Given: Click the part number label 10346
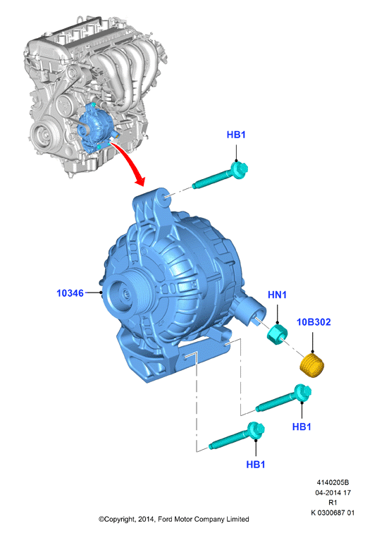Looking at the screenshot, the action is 70,293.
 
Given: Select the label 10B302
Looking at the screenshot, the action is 314,321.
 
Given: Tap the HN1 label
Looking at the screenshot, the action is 278,295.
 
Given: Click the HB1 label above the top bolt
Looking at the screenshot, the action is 236,135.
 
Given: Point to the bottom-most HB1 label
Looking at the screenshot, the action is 256,465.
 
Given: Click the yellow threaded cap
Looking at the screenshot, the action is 312,364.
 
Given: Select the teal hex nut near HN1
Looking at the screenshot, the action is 277,334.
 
